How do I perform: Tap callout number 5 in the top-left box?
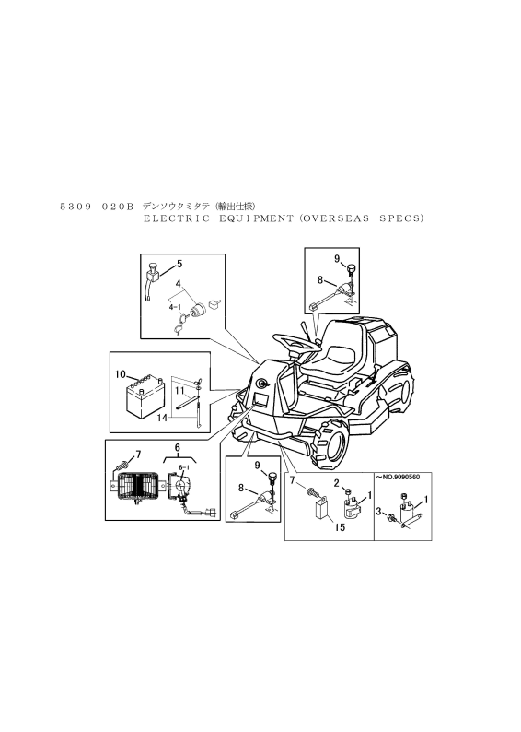coord(179,265)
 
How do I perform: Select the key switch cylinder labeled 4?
coord(199,310)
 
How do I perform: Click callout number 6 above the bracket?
coord(177,448)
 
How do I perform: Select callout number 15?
coord(340,527)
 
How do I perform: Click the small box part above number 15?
coord(321,510)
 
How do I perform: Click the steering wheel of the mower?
coord(295,343)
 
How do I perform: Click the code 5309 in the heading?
coord(75,207)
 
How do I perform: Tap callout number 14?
coord(162,418)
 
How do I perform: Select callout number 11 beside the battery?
coord(179,389)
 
